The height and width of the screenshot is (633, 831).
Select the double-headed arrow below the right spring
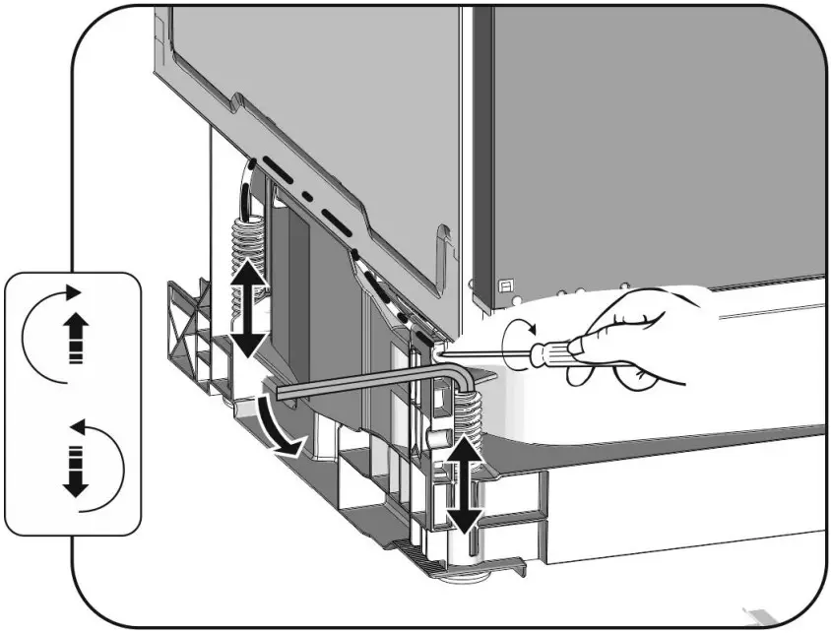[x=464, y=482]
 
